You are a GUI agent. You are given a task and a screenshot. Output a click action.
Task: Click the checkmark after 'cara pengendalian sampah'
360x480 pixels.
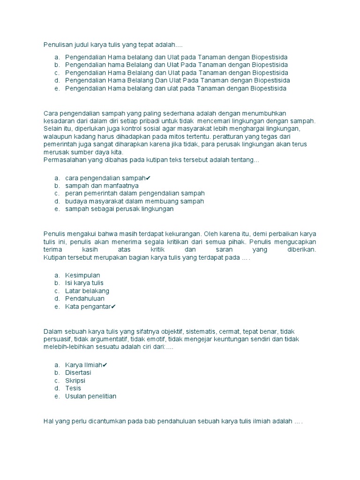point(148,178)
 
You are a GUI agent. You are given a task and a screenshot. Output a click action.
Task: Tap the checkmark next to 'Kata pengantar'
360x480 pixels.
point(113,307)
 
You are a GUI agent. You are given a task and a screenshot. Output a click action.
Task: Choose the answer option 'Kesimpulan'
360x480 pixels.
point(82,275)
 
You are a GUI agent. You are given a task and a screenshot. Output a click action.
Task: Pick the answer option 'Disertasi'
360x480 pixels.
point(78,373)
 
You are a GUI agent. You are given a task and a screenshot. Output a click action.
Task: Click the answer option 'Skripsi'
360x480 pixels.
point(75,381)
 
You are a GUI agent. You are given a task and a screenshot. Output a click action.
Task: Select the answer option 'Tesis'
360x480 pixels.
point(73,388)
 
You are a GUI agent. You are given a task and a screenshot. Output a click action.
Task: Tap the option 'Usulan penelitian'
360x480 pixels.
point(90,396)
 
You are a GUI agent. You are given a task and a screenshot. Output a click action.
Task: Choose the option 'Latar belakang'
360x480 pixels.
point(87,291)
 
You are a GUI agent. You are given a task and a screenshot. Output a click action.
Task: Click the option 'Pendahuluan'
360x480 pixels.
point(85,299)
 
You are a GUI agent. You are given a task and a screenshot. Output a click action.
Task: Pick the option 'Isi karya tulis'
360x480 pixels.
point(84,283)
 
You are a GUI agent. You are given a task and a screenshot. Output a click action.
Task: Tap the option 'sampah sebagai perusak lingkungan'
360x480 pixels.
point(119,209)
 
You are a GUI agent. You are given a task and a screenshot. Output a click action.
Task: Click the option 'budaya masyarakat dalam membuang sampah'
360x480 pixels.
point(135,201)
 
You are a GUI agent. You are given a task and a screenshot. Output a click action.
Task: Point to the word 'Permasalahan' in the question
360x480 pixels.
point(64,160)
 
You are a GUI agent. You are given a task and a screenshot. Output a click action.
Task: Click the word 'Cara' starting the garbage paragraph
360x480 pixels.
point(50,113)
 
